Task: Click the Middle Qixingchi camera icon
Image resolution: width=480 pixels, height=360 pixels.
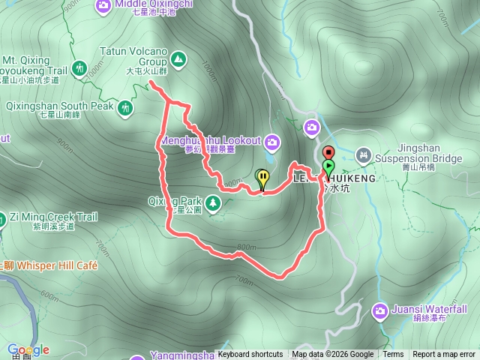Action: coord(103,6)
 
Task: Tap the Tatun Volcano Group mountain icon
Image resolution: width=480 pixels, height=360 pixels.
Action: coord(178,58)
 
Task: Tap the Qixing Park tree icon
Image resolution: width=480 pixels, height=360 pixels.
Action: coord(213,202)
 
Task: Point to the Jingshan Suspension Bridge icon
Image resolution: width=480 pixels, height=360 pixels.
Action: coord(364,155)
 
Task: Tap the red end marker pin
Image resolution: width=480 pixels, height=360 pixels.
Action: coord(328,152)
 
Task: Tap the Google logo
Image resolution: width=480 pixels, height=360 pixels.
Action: coord(28,349)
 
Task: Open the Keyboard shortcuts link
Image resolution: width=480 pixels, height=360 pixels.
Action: coord(250,355)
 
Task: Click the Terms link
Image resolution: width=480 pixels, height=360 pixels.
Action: coord(393,355)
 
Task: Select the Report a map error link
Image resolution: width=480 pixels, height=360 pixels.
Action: coord(444,355)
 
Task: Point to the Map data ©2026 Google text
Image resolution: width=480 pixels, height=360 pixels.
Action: coord(333,355)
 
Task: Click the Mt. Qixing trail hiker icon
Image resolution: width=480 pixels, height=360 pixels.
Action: coord(80,65)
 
